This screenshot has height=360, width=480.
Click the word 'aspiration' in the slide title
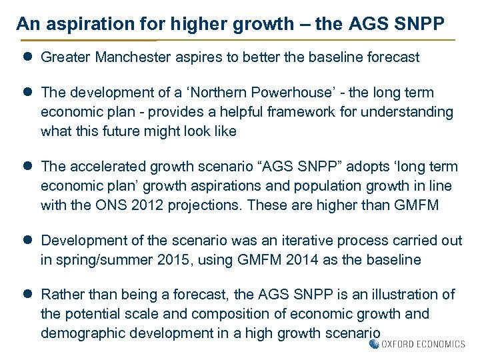[80, 25]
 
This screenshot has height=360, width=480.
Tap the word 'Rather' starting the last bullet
[62, 295]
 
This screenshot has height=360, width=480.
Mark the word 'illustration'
[409, 295]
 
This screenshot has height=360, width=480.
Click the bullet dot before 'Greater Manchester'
[29, 57]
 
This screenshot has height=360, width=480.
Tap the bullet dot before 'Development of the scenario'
[29, 240]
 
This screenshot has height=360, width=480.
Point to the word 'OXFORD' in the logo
[401, 344]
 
